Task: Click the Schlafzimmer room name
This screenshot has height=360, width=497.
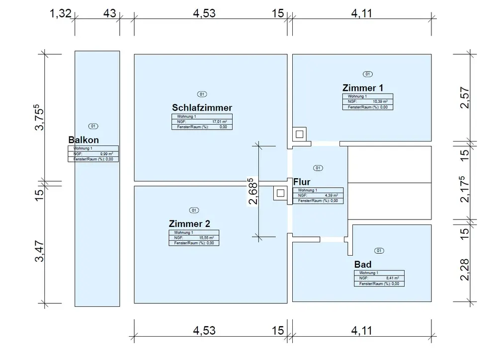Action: click(202, 107)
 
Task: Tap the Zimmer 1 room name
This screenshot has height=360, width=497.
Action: click(363, 88)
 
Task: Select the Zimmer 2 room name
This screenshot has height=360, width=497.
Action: click(189, 223)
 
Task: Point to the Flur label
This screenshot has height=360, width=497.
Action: click(302, 182)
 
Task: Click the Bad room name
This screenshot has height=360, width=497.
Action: click(363, 264)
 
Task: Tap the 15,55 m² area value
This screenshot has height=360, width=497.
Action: click(206, 238)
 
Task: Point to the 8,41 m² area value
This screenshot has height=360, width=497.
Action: click(393, 278)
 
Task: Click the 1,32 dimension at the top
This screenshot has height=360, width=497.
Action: click(61, 13)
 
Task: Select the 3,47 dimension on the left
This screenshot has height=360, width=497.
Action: click(40, 252)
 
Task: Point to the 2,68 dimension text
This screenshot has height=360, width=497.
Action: click(254, 192)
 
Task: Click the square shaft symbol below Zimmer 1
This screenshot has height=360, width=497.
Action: click(299, 134)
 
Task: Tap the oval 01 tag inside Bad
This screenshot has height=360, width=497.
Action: click(379, 251)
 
